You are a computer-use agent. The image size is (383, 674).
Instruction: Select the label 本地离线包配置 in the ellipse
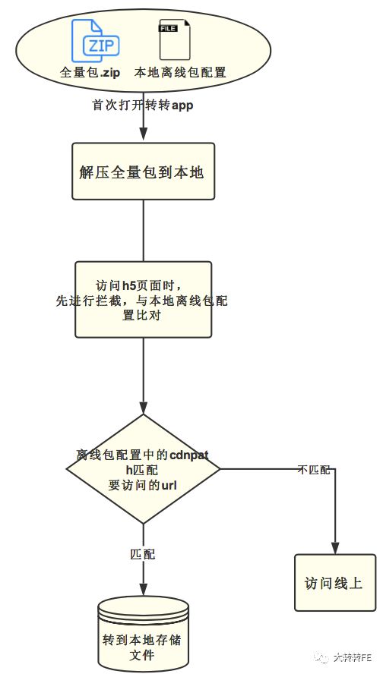[x=180, y=74]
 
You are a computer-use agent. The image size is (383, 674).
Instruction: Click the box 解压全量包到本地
[x=143, y=172]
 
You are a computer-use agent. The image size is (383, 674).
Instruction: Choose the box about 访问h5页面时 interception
[x=143, y=299]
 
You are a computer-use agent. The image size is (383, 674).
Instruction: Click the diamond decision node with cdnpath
[x=143, y=468]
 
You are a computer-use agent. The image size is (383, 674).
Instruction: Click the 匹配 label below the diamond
[x=143, y=554]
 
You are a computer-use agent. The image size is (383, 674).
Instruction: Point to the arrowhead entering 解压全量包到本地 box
[x=143, y=137]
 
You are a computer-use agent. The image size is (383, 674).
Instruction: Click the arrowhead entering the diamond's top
[x=143, y=408]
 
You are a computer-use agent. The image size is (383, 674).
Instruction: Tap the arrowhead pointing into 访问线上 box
[x=334, y=550]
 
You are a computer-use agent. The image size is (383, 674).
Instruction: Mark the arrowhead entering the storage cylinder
[x=143, y=592]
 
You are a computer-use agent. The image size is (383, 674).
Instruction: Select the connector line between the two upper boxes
[x=143, y=231]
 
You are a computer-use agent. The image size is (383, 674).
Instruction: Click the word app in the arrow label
[x=182, y=106]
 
